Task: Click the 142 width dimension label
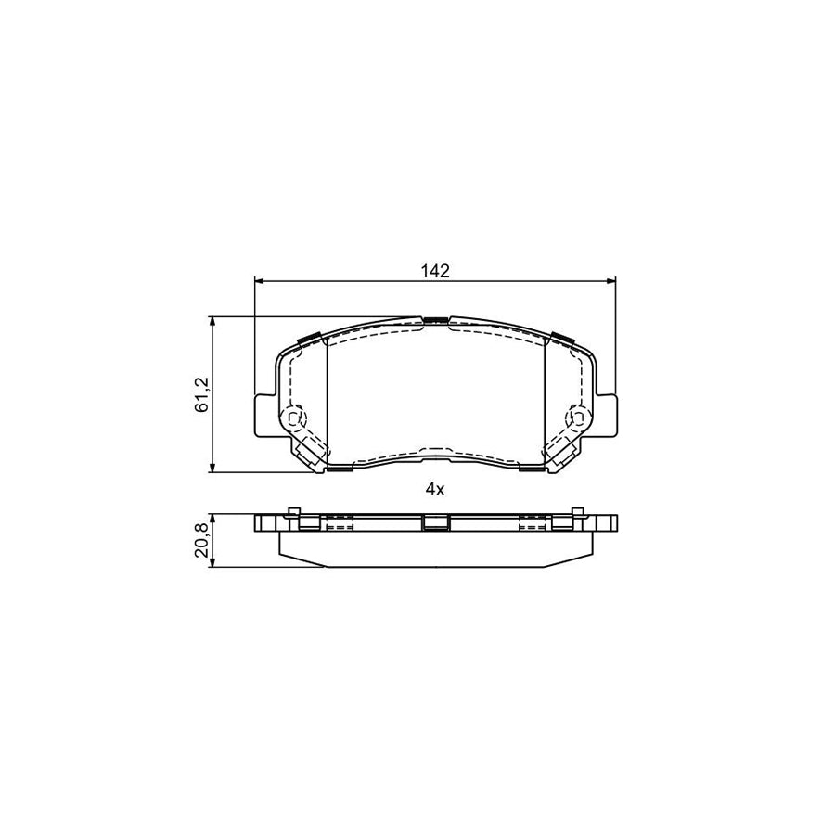(x=435, y=270)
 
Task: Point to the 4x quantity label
(x=435, y=491)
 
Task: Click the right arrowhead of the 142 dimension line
(x=610, y=280)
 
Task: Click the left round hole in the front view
(x=295, y=419)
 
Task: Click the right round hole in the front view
(x=575, y=419)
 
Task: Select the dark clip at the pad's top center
(x=435, y=320)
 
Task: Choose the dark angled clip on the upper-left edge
(x=310, y=338)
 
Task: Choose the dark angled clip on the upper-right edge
(x=560, y=338)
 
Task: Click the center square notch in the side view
(x=434, y=524)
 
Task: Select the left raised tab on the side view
(x=292, y=512)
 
